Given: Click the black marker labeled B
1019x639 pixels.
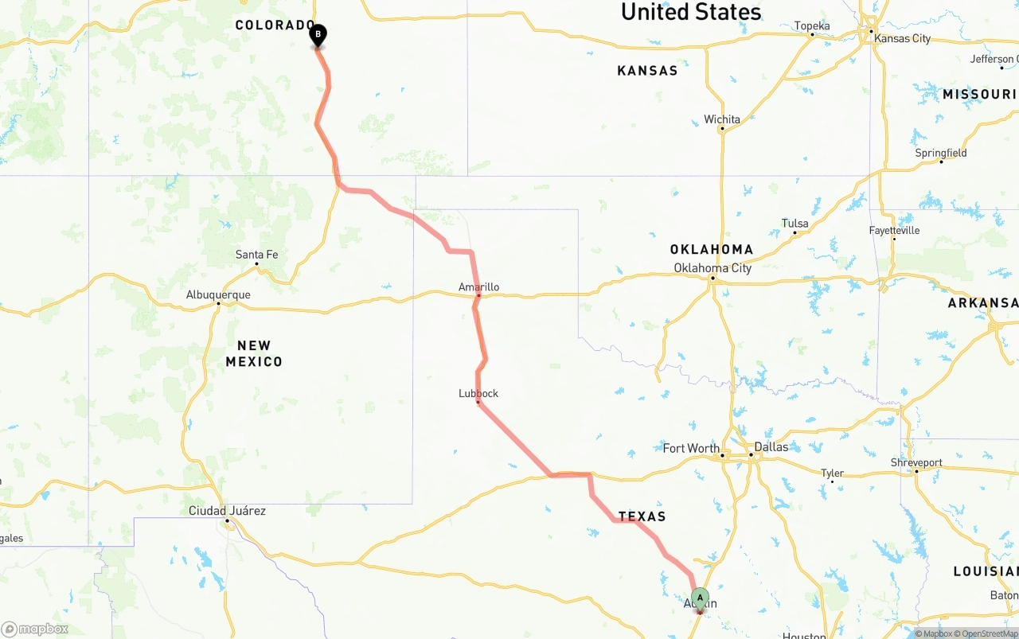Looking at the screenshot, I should click(318, 35).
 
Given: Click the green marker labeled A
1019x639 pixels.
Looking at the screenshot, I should click(700, 598).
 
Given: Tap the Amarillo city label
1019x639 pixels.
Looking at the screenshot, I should click(478, 287).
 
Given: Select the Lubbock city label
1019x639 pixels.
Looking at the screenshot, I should click(478, 393).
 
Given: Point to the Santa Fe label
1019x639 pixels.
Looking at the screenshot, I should click(256, 255).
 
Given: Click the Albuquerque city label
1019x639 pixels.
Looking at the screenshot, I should click(218, 295).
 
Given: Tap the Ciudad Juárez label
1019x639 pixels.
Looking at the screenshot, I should click(227, 511).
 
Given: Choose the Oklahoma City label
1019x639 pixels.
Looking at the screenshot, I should click(713, 268).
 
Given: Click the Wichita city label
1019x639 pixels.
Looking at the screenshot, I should click(722, 119).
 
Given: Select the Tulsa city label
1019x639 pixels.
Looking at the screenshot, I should click(795, 223).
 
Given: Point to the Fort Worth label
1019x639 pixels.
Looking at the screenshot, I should click(691, 448).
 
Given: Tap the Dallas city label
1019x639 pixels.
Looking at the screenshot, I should click(771, 447).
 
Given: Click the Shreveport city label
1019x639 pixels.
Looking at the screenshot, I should click(916, 462).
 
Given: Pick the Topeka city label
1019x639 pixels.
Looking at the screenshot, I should click(812, 26).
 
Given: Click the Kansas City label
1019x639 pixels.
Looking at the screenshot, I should click(902, 38).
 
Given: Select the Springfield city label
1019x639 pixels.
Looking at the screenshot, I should click(941, 153).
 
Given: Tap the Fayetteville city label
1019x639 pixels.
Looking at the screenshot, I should click(894, 231).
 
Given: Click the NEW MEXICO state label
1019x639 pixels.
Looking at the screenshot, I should click(254, 353).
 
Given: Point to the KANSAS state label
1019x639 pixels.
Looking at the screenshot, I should click(647, 71).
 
